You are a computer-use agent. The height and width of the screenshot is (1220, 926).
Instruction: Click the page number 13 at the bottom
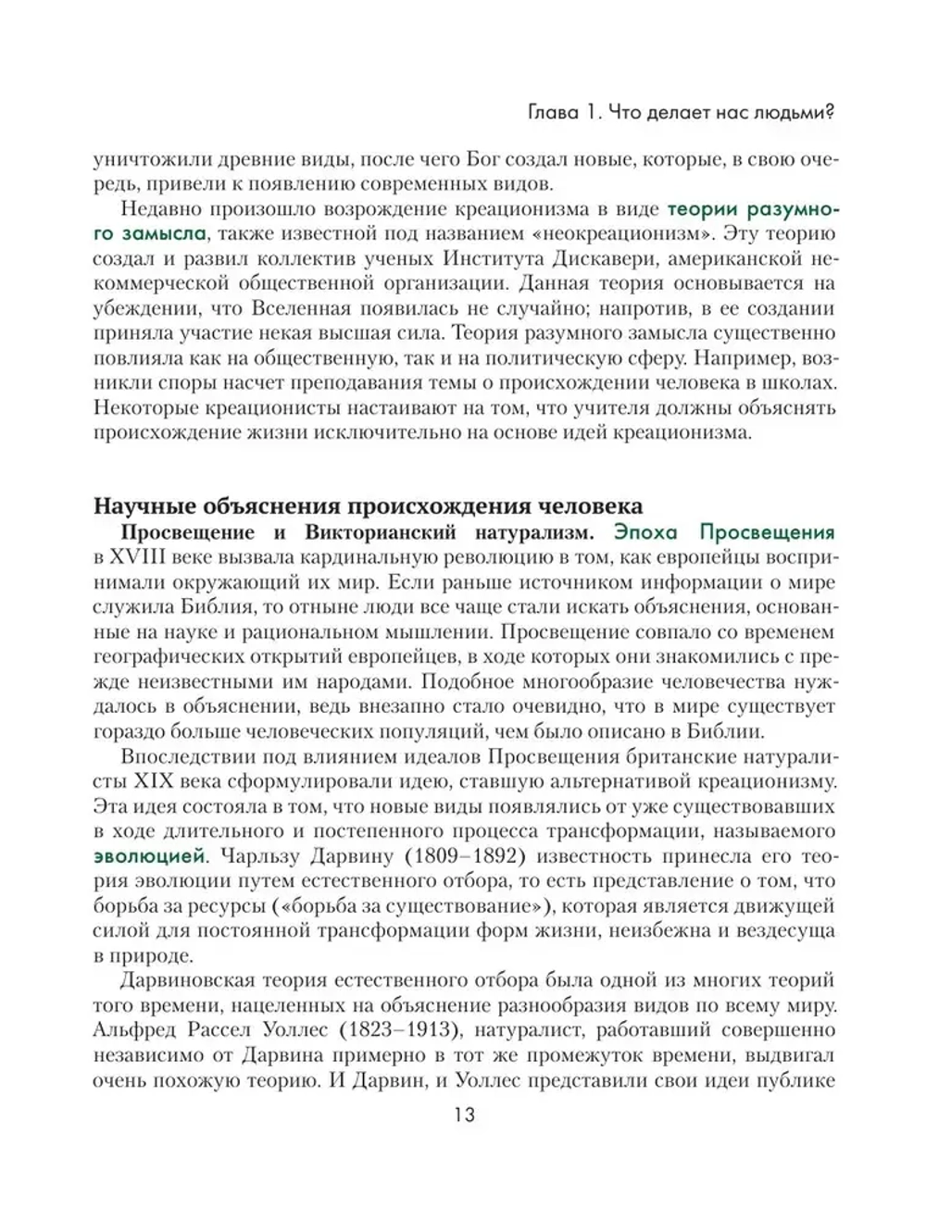point(464,1115)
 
